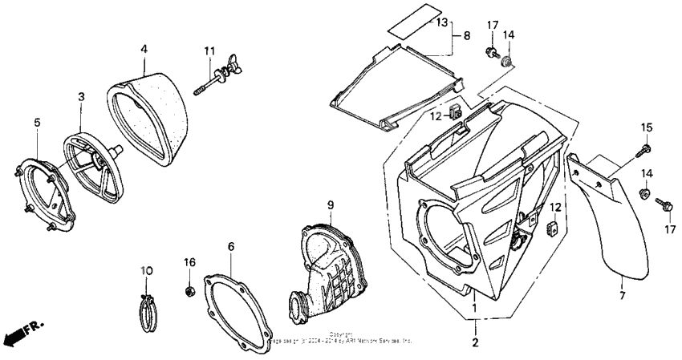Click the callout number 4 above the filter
tap(144, 49)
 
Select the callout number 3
tap(81, 96)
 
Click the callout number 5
tap(37, 122)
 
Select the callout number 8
tap(466, 36)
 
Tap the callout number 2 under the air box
tap(474, 343)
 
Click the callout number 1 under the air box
tap(474, 308)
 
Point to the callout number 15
tap(647, 127)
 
